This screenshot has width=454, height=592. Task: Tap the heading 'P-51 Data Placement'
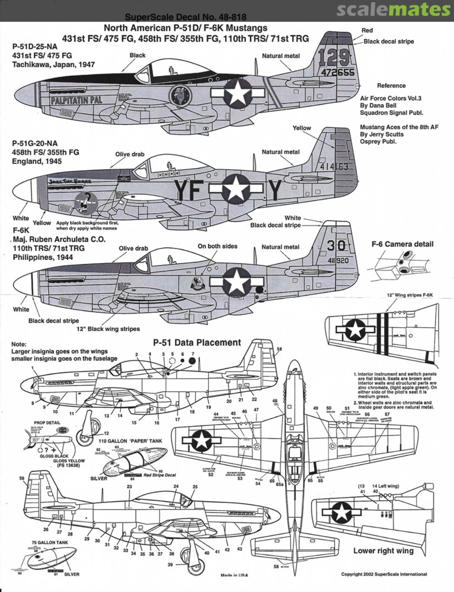pos(197,343)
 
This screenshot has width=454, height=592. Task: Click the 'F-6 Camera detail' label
pos(410,244)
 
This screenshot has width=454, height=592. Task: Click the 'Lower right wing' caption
pos(383,550)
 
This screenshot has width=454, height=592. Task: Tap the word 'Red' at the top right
pos(367,30)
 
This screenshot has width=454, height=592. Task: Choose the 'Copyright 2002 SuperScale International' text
pos(384,574)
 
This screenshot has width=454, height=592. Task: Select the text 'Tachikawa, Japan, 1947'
pos(53,64)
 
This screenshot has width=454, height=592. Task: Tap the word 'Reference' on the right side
pos(391,86)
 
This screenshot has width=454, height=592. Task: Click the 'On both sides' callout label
pos(218,246)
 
